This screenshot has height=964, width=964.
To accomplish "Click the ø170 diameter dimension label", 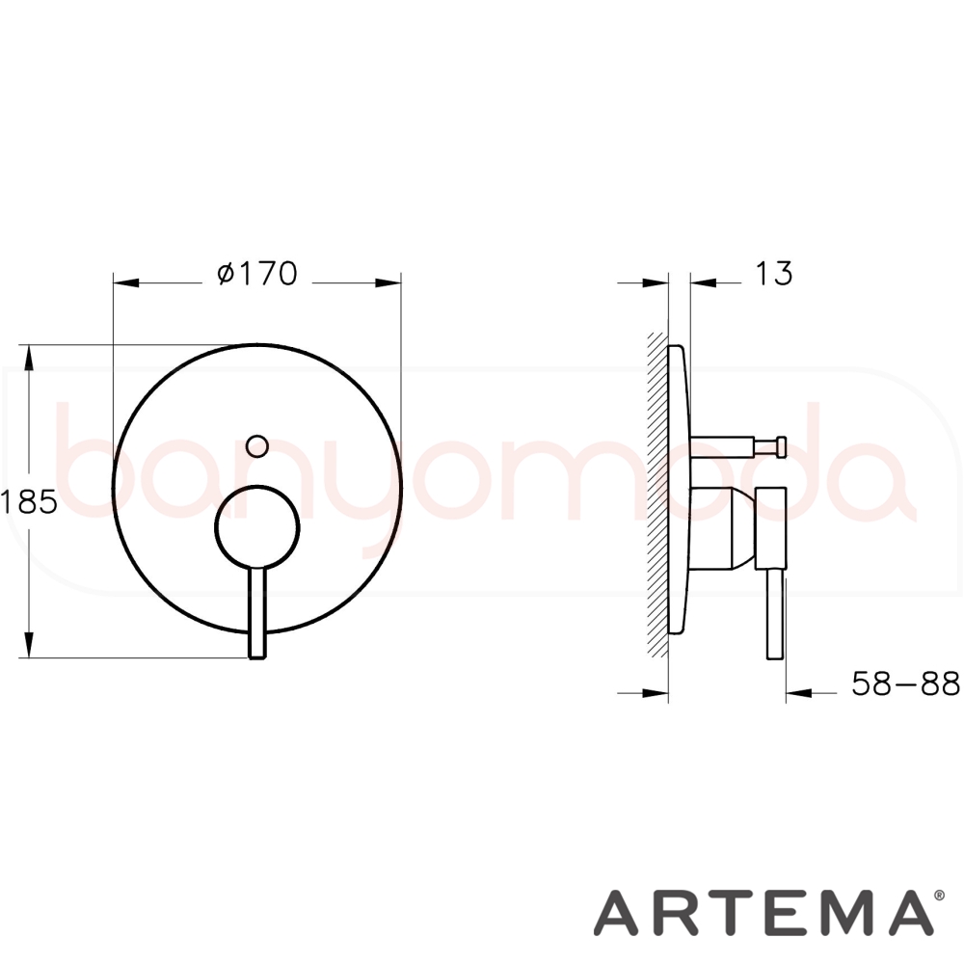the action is coord(257,274).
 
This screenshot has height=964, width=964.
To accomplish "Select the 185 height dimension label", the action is coord(29,502).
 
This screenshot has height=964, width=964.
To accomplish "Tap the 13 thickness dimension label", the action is coord(773,274).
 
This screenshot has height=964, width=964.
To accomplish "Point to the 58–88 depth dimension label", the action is coord(905,683).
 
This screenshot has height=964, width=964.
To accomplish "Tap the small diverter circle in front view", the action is coord(257,445).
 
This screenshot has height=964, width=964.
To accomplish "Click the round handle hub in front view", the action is coord(257,527).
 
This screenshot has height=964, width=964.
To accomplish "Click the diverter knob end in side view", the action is coord(781,446).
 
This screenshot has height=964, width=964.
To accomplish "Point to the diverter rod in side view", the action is coord(722,446).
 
